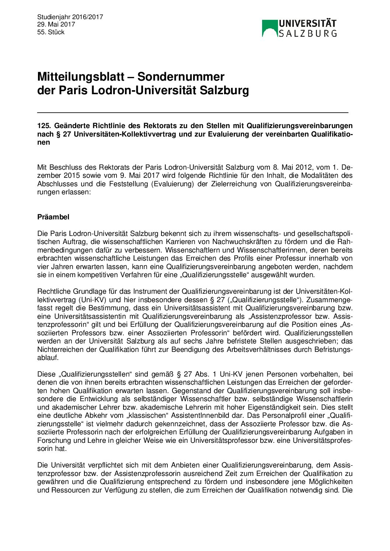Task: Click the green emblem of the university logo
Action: tap(269, 28)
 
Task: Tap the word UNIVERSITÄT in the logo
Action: tap(307, 24)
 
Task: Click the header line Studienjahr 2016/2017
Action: tap(70, 17)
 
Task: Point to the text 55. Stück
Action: tap(51, 32)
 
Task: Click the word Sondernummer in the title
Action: tap(181, 77)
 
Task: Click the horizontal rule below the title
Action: tap(192, 112)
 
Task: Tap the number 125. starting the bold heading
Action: tap(44, 126)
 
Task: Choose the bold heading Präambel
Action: tap(53, 217)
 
